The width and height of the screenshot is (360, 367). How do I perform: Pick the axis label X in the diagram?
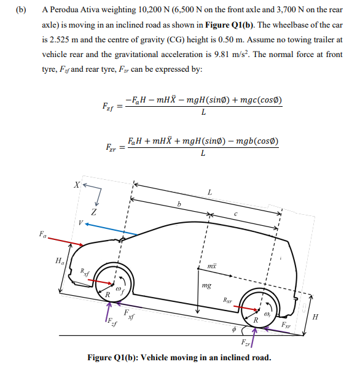76,183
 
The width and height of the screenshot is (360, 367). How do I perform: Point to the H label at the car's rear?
316,317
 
